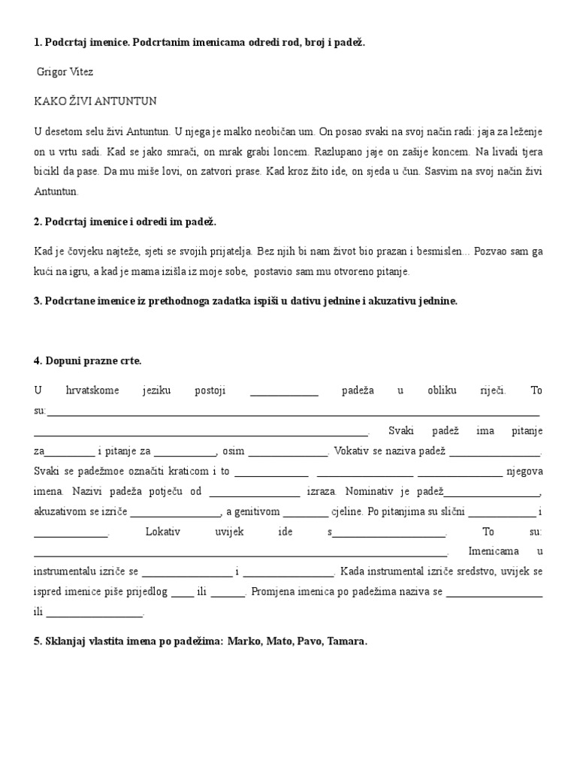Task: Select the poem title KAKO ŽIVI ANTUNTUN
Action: pos(95,101)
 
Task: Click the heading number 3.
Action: pos(38,301)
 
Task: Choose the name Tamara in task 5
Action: pos(346,642)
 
